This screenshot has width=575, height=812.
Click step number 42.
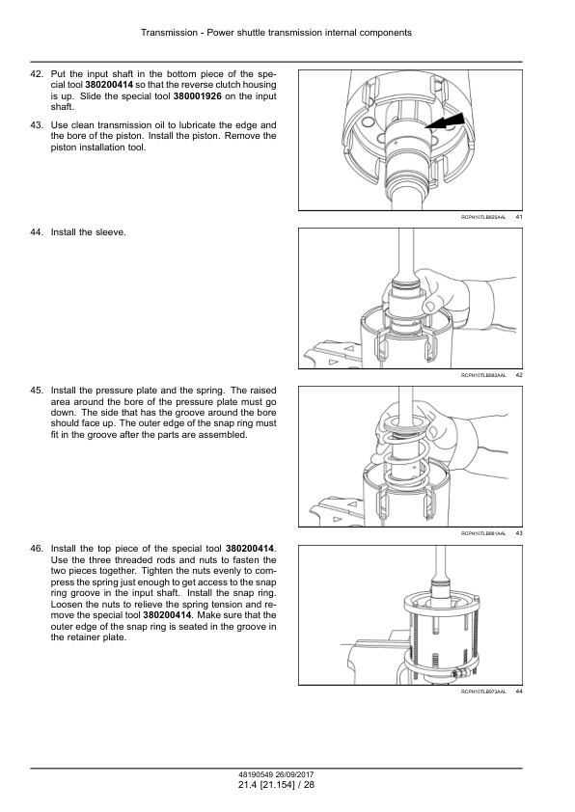(37, 74)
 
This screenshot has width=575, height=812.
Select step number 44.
(37, 232)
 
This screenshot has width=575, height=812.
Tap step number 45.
(37, 391)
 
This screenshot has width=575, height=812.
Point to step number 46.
(37, 549)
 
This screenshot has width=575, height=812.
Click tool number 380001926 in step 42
(198, 96)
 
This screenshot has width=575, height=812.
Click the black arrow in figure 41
(445, 122)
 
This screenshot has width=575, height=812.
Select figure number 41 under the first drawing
(519, 217)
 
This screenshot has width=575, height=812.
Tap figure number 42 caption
(519, 375)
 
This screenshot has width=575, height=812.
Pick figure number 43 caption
(519, 533)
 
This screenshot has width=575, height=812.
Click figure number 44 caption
(519, 691)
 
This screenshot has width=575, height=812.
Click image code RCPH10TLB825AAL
(483, 218)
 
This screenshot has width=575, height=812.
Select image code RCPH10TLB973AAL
(483, 691)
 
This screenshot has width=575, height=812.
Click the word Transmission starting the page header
(169, 33)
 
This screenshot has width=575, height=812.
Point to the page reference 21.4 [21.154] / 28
(276, 785)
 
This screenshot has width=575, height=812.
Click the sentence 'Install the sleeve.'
(89, 232)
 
